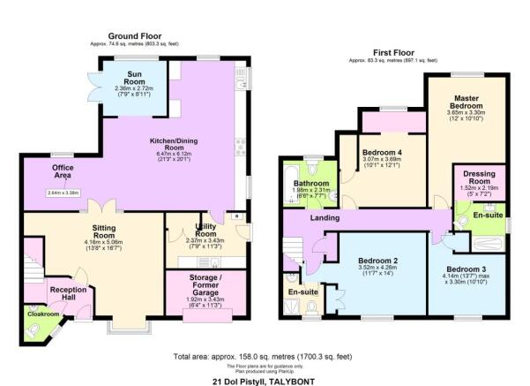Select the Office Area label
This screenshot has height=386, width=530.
[62, 171]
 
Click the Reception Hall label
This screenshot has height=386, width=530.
[68, 294]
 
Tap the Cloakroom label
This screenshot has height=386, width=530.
[41, 314]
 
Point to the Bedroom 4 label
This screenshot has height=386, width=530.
[383, 153]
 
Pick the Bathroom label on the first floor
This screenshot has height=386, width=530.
[311, 185]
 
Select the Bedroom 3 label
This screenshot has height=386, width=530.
[467, 269]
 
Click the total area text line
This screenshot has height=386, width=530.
[265, 355]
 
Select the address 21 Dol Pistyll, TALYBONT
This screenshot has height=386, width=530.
[265, 381]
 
